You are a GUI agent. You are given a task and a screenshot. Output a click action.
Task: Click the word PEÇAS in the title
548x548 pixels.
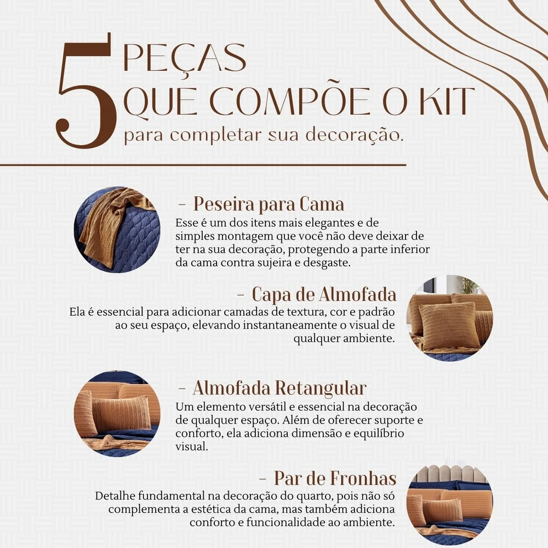[185, 59]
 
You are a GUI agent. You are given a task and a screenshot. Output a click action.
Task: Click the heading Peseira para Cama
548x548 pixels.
[269, 204]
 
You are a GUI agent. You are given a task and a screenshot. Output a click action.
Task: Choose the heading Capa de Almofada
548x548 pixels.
[324, 294]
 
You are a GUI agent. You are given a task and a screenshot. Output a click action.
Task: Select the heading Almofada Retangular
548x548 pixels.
[279, 388]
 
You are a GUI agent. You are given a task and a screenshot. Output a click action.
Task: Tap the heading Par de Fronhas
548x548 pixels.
[335, 478]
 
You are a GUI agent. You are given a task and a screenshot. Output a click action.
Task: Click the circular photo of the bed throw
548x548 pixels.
[117, 230]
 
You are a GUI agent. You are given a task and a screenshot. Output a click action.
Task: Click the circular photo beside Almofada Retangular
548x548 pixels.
[117, 414]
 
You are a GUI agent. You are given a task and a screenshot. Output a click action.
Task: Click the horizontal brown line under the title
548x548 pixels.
[203, 164]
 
